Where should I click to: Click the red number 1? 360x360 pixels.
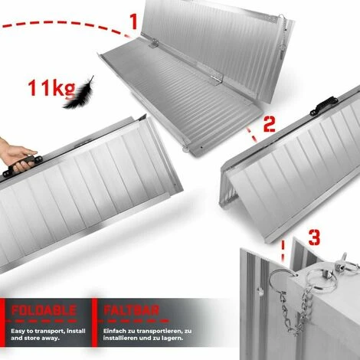click(133, 20)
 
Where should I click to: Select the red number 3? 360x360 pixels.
click(294, 234)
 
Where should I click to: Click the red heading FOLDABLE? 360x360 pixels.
click(44, 311)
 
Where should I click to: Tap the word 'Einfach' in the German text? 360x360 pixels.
click(116, 330)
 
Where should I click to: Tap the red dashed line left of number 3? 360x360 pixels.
click(283, 248)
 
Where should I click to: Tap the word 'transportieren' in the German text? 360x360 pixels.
click(162, 330)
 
